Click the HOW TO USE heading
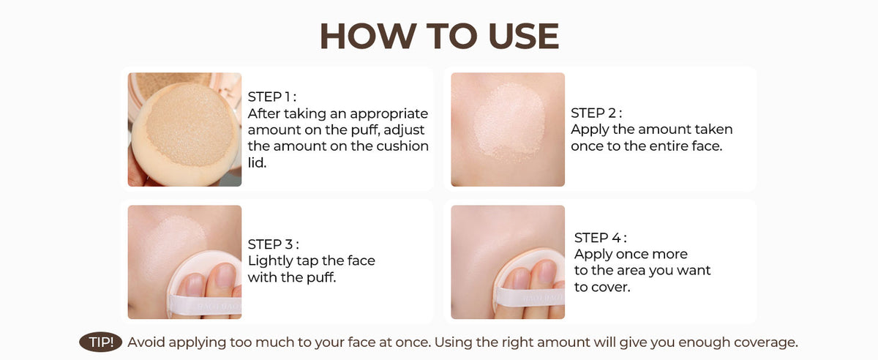point(440,36)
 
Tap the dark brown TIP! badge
point(101,342)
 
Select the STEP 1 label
point(271,97)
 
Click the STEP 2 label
point(596,113)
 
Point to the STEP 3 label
point(273,244)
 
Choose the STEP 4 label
point(600,238)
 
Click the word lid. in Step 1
point(257,162)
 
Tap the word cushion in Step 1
point(402,146)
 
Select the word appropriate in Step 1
point(389,113)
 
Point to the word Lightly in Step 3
point(271,260)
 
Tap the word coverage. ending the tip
point(765,342)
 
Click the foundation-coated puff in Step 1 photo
point(186,133)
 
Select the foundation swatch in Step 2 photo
point(509,121)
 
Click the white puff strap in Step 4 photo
point(530,297)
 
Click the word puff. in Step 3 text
point(321,277)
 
